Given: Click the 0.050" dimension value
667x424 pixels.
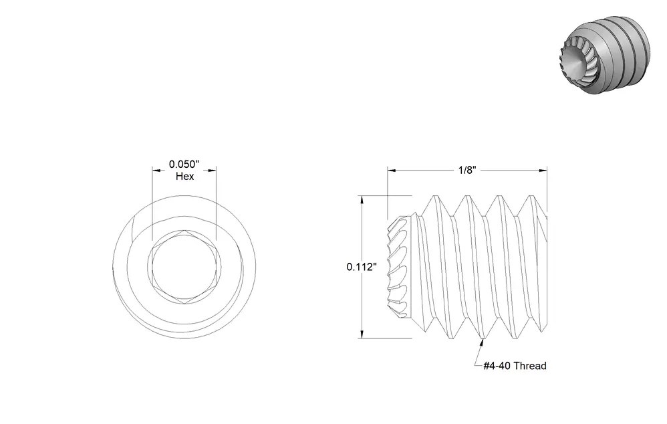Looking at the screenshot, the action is pyautogui.click(x=184, y=165).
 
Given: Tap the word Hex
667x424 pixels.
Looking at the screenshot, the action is pyautogui.click(x=184, y=177).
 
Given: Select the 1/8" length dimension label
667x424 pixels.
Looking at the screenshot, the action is pyautogui.click(x=466, y=171).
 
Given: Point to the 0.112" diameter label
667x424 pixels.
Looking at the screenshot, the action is pyautogui.click(x=362, y=267).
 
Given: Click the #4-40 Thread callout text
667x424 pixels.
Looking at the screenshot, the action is pyautogui.click(x=515, y=366).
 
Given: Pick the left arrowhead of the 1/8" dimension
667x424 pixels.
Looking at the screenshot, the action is pyautogui.click(x=392, y=171).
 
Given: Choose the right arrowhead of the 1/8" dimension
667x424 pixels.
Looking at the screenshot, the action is pyautogui.click(x=543, y=171).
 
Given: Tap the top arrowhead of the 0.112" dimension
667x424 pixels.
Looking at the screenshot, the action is pyautogui.click(x=362, y=200).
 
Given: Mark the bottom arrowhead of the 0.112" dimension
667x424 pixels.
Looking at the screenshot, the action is pyautogui.click(x=362, y=334).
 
